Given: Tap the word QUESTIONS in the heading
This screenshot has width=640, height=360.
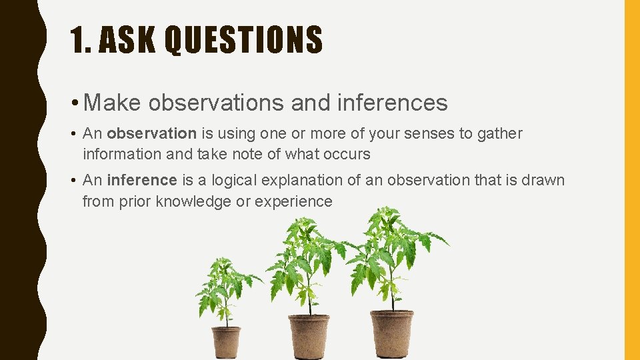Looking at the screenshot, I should tap(243, 39).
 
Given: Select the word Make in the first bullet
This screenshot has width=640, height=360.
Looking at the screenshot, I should tap(113, 103).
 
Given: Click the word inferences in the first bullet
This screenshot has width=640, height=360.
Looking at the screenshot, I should tap(393, 103).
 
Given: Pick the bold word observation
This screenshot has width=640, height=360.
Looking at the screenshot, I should tap(151, 134).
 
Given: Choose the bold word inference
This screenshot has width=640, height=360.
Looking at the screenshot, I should tap(141, 181).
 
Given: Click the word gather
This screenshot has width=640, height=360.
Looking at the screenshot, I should tap(500, 134).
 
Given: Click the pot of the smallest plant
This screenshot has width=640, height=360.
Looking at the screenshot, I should tap(226, 343).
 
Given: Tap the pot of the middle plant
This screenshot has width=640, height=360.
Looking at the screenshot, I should tap(309, 337).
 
